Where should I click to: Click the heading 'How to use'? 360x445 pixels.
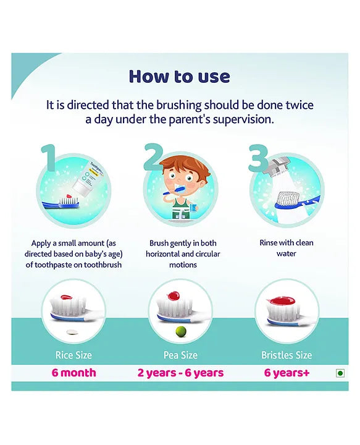coord(179,77)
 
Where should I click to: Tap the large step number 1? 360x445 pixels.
coord(49,158)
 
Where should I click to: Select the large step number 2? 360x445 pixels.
coord(154,157)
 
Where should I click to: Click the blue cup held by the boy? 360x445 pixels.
coord(194,208)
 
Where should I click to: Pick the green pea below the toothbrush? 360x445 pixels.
coord(181,331)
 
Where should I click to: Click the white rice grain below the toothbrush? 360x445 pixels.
coord(72,332)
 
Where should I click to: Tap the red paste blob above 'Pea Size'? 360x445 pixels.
coord(173,296)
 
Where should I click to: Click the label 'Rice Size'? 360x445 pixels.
coord(73,355)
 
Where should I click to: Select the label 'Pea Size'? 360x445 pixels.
coord(180,355)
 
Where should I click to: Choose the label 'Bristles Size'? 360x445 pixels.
coord(287,355)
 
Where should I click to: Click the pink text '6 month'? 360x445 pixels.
coord(73,373)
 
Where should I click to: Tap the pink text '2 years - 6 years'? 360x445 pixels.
coord(180,373)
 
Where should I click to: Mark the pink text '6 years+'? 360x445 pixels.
coord(287,373)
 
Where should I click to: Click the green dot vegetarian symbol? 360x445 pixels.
coord(340,373)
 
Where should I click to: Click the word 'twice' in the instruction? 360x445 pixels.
coord(299,105)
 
